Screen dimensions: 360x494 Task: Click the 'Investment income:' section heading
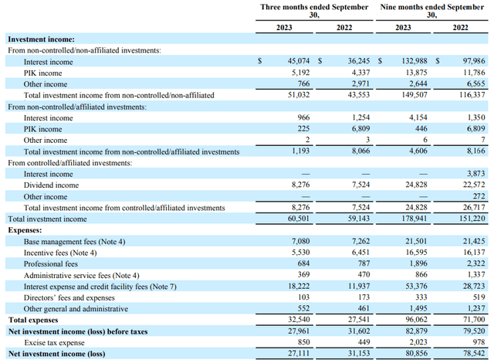41,39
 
